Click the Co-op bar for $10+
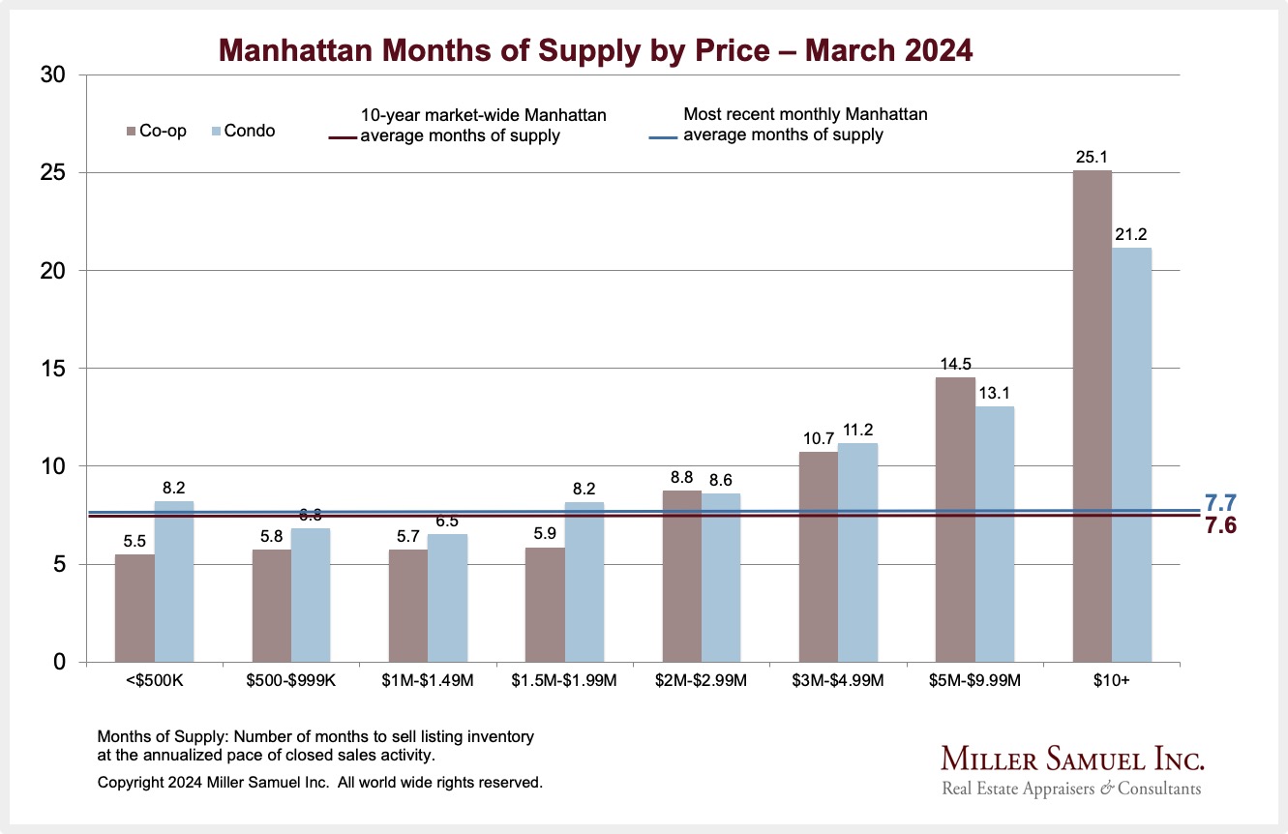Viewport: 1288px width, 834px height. pos(1093,416)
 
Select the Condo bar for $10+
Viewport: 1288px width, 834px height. pos(1132,455)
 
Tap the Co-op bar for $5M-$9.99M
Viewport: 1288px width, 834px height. pos(955,520)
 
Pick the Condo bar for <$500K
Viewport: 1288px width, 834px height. pos(174,581)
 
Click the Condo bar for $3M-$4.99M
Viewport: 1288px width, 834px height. pos(858,552)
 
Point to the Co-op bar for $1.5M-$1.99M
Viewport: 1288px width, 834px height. pos(545,605)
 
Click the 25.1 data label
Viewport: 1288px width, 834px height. pos(1093,156)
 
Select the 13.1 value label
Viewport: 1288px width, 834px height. pos(996,392)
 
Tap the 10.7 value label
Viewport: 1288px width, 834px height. pos(819,437)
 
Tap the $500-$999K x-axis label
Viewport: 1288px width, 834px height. pos(291,680)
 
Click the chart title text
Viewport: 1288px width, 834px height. pos(595,49)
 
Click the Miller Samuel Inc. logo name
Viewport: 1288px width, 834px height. pos(1072,758)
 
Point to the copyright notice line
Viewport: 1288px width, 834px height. pos(320,782)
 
